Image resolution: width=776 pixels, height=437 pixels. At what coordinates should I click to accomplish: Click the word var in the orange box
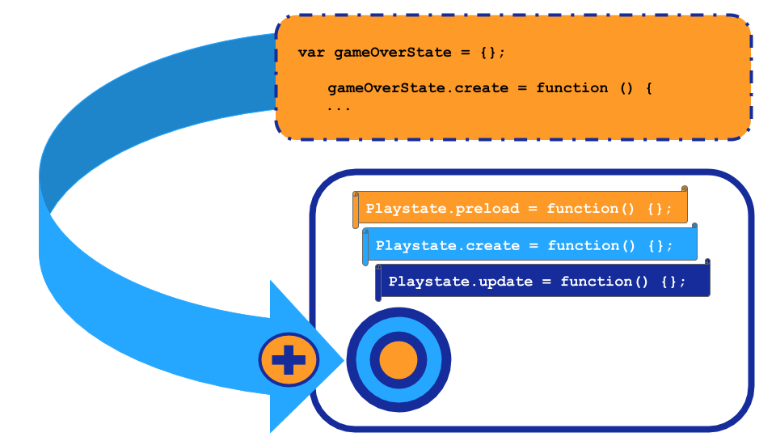pos(311,53)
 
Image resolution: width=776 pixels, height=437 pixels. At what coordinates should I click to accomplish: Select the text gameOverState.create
pos(418,88)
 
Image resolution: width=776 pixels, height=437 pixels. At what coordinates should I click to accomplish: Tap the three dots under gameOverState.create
pos(339,108)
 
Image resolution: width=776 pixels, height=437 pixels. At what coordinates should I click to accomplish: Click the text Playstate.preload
pos(442,209)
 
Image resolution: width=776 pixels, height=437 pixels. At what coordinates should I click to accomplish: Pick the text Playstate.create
pos(447,246)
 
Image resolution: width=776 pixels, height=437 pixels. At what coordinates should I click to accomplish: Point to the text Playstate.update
pos(460,282)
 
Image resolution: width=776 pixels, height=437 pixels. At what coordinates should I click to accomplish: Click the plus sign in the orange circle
pos(289,359)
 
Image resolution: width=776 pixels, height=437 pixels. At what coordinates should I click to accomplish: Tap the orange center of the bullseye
pos(399,359)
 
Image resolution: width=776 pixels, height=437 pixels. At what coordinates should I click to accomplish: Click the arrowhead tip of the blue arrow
pos(344,360)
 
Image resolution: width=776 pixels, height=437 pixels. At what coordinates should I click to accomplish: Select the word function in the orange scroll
pos(583,209)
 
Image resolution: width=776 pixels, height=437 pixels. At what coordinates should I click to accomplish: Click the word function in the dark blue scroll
pos(596,282)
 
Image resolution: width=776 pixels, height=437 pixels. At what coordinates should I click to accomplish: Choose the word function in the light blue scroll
pos(583,246)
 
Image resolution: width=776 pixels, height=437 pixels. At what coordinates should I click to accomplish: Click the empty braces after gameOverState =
pos(490,53)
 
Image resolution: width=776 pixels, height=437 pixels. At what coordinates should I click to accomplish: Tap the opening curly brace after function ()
pos(648,88)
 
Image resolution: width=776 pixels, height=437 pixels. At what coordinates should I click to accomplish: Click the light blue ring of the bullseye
pos(363,359)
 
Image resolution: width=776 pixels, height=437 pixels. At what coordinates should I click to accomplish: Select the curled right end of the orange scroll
pos(685,189)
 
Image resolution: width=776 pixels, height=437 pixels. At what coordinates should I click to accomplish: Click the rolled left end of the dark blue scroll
pos(378,283)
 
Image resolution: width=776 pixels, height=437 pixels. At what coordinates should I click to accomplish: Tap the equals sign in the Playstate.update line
pos(546,282)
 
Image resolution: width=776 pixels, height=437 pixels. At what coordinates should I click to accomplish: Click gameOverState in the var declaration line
pos(393,53)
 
